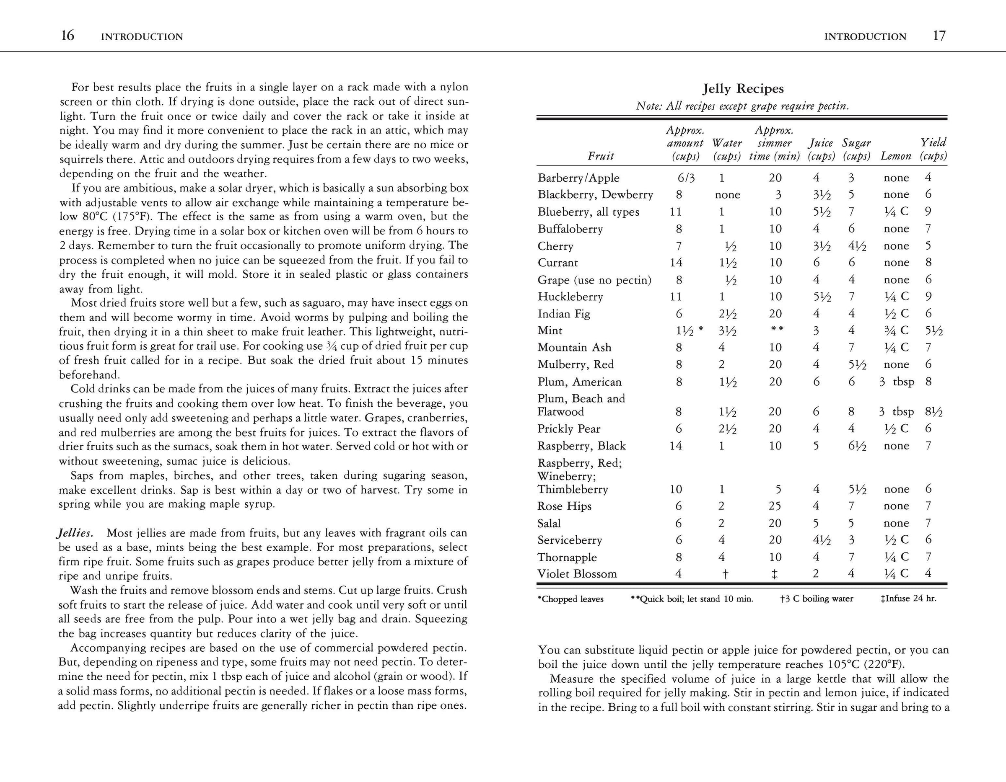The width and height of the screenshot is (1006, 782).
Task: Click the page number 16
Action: pyautogui.click(x=68, y=36)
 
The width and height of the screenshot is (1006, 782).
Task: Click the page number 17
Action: pyautogui.click(x=939, y=36)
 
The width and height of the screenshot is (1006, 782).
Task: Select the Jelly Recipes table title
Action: pyautogui.click(x=743, y=88)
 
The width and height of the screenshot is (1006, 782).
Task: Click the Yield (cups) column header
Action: pyautogui.click(x=933, y=149)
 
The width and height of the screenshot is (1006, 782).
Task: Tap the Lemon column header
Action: pyautogui.click(x=896, y=156)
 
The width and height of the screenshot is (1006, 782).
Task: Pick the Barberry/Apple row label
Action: pyautogui.click(x=578, y=178)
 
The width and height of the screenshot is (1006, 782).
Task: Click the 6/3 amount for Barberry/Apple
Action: pyautogui.click(x=686, y=178)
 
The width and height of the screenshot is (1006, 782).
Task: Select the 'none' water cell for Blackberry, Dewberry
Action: pyautogui.click(x=727, y=195)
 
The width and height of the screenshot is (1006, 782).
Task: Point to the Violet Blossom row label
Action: pyautogui.click(x=577, y=574)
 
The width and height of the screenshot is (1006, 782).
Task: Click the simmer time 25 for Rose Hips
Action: pyautogui.click(x=775, y=506)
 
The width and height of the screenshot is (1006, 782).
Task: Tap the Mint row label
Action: pyautogui.click(x=550, y=330)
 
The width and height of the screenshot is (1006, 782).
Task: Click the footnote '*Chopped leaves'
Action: pyautogui.click(x=570, y=599)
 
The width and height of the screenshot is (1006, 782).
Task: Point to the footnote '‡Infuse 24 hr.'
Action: pyautogui.click(x=908, y=599)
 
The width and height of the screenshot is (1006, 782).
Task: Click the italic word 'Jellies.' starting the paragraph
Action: pyautogui.click(x=75, y=533)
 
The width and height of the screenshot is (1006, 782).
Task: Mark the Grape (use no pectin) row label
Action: pyautogui.click(x=595, y=280)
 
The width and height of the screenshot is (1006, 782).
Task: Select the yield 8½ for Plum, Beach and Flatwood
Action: pyautogui.click(x=933, y=411)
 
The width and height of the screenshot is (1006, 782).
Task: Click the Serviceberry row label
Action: pyautogui.click(x=570, y=540)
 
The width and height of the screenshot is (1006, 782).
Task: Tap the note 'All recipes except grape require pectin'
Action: pyautogui.click(x=742, y=106)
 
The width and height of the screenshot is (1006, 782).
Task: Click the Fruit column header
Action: pyautogui.click(x=601, y=156)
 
